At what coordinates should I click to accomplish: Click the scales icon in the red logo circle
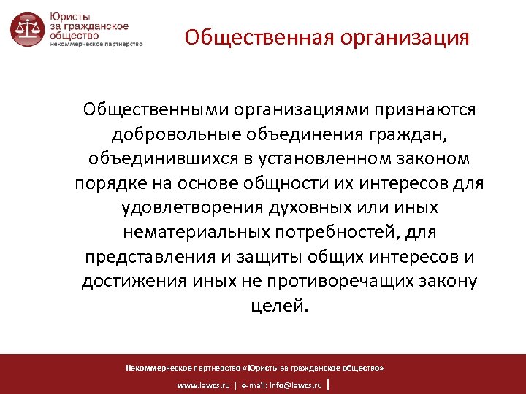(x=27, y=29)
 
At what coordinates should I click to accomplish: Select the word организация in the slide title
(x=402, y=37)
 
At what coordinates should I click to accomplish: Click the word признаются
(x=424, y=109)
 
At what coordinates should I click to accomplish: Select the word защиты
(x=272, y=257)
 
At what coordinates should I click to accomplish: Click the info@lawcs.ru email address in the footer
(x=296, y=384)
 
